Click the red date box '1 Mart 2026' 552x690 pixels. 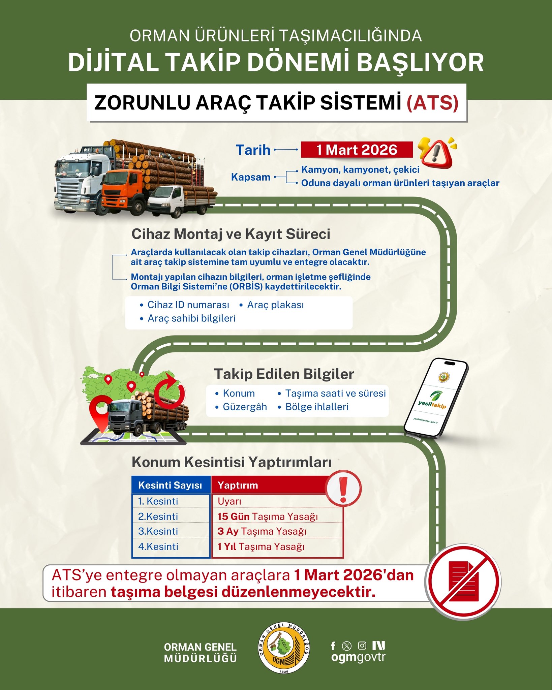click(357, 150)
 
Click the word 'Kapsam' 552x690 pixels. click(251, 177)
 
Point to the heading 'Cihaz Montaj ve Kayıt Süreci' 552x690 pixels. click(231, 234)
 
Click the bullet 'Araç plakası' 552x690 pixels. click(275, 305)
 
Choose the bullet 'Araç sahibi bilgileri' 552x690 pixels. click(191, 318)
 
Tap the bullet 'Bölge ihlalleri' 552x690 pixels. click(317, 407)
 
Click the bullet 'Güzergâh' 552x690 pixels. click(245, 407)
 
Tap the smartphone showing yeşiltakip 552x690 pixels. click(436, 398)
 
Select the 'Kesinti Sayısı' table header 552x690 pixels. click(170, 485)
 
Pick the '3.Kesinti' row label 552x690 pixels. click(158, 531)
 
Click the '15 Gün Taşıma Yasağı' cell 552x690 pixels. click(268, 516)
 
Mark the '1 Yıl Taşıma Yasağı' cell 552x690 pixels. click(261, 546)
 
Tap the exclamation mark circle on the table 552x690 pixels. click(343, 488)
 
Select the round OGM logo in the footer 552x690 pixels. click(284, 648)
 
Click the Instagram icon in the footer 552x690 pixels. click(362, 646)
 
